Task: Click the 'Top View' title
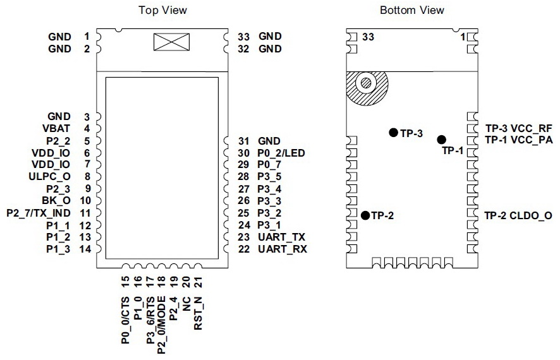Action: click(163, 10)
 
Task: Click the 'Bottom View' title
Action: click(411, 10)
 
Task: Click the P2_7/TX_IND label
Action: click(38, 213)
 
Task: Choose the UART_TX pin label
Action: click(282, 237)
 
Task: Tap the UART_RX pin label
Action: click(282, 249)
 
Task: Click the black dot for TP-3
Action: click(393, 133)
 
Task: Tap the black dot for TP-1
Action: click(442, 140)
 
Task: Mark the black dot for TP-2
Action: click(365, 215)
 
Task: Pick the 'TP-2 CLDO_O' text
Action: click(518, 216)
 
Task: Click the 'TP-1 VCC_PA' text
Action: click(518, 140)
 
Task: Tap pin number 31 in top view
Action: click(244, 141)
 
